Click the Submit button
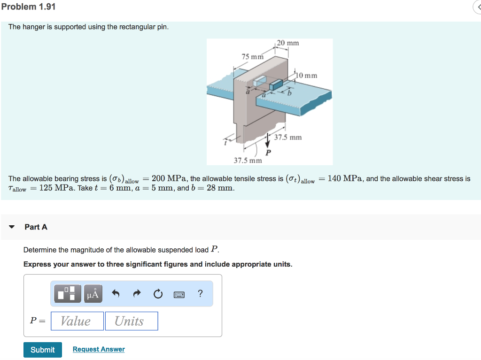pyautogui.click(x=43, y=350)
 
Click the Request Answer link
pyautogui.click(x=99, y=349)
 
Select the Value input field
pyautogui.click(x=77, y=321)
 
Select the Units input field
pyautogui.click(x=132, y=321)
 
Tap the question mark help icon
pyautogui.click(x=201, y=294)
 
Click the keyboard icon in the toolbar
pyautogui.click(x=179, y=294)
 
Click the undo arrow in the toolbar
pyautogui.click(x=116, y=294)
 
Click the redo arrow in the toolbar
pyautogui.click(x=137, y=294)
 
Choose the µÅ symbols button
pyautogui.click(x=93, y=294)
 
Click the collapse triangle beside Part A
pyautogui.click(x=12, y=227)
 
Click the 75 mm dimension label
pyautogui.click(x=252, y=57)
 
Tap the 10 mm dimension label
pyautogui.click(x=307, y=75)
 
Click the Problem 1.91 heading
pyautogui.click(x=28, y=7)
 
